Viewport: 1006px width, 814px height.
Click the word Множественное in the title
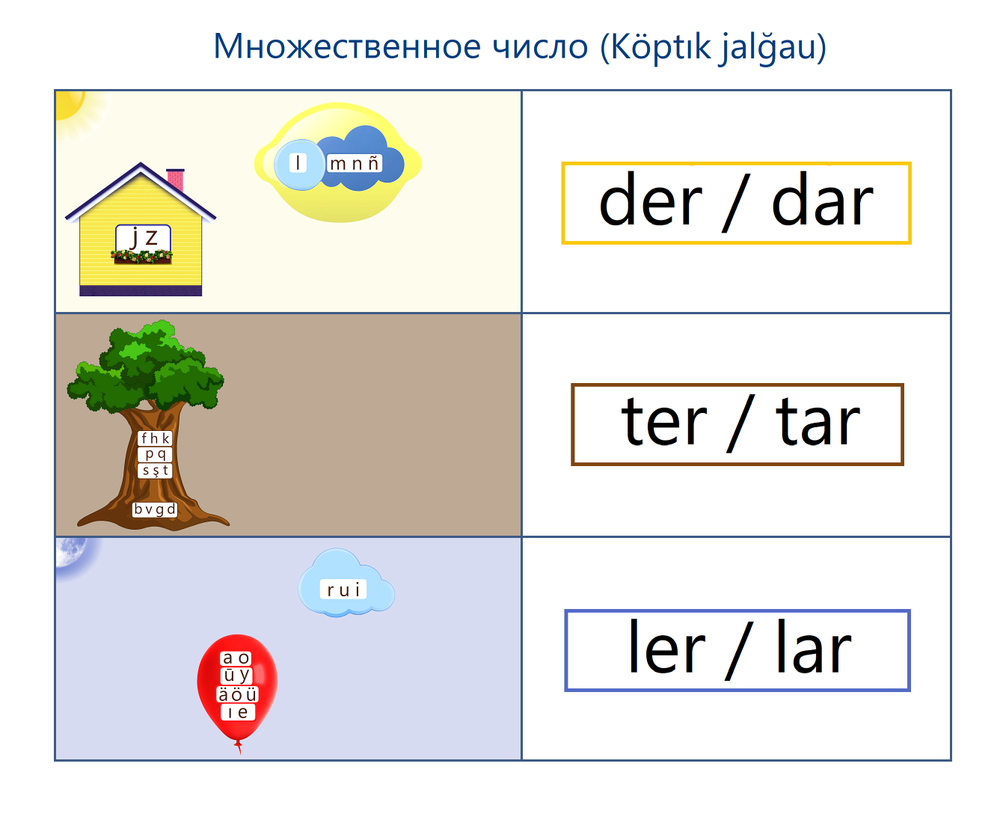[347, 46]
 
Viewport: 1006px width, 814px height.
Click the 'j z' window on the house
[143, 238]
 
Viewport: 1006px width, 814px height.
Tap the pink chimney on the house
[175, 179]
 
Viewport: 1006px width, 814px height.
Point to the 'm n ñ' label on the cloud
[355, 163]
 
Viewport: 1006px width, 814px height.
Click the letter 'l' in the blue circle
[298, 162]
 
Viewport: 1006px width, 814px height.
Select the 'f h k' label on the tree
[155, 438]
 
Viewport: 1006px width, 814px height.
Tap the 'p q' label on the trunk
[155, 454]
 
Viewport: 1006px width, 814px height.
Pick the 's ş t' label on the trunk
[155, 470]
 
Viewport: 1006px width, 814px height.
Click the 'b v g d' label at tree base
[154, 509]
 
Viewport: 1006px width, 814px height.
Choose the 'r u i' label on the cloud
[343, 589]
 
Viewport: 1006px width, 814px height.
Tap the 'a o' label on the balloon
[236, 658]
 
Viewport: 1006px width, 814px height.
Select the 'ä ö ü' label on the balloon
[237, 694]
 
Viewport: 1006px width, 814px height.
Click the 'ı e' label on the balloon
[238, 712]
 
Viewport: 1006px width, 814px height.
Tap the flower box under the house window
[142, 257]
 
